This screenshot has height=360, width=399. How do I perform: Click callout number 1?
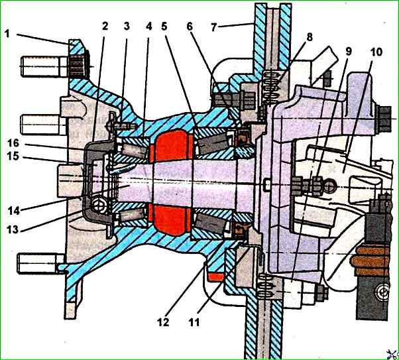click(x=7, y=33)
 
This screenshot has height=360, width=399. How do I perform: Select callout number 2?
click(x=105, y=26)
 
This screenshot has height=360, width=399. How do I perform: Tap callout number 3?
click(x=127, y=26)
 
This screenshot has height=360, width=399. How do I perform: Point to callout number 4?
click(x=148, y=26)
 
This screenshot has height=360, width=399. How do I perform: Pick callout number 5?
click(x=164, y=26)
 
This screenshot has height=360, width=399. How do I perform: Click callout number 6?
click(x=190, y=27)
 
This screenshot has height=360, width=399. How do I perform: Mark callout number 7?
click(x=213, y=27)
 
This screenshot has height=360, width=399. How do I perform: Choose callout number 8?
click(x=309, y=37)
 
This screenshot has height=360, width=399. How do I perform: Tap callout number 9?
click(x=349, y=51)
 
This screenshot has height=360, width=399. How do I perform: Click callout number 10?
click(x=376, y=52)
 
